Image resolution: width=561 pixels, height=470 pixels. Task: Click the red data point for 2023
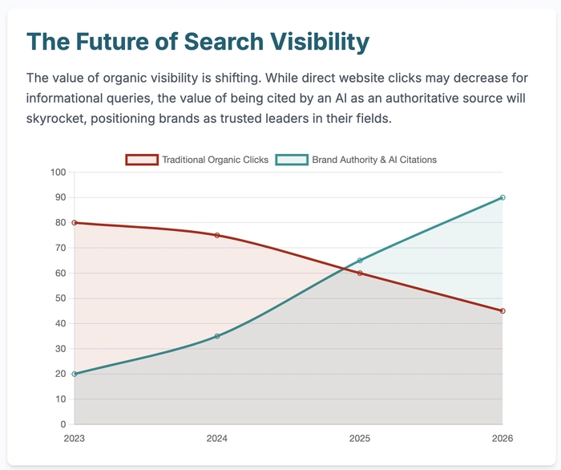click(74, 222)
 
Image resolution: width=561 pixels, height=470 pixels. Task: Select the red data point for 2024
click(216, 235)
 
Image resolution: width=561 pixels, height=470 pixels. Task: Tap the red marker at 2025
click(360, 273)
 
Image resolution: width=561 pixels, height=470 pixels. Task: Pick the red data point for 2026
click(502, 310)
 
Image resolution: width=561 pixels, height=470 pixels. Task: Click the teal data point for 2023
click(74, 374)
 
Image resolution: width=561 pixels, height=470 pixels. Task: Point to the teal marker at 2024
click(216, 336)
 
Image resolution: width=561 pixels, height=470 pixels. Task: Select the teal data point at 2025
click(360, 260)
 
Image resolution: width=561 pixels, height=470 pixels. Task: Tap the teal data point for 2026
click(502, 197)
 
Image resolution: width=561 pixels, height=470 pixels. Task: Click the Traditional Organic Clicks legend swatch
click(142, 160)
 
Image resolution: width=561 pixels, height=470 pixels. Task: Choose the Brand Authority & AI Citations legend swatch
click(292, 160)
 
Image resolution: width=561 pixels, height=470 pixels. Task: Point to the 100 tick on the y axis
click(58, 172)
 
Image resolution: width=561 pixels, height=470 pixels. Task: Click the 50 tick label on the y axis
click(60, 298)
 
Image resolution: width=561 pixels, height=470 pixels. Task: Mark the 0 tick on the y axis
click(63, 424)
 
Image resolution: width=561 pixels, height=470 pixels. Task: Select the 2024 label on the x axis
click(216, 439)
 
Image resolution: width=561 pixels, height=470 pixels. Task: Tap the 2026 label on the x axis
click(502, 439)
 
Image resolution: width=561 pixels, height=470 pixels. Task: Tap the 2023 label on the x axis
click(74, 439)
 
